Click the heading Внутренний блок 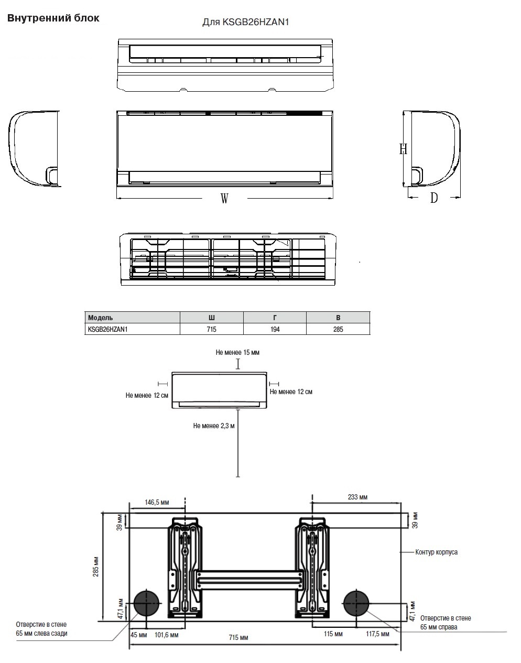[53, 18]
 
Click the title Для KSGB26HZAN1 [245, 22]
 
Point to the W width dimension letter [224, 199]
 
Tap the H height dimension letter [403, 149]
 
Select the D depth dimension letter [434, 198]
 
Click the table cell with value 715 [211, 329]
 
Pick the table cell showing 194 [275, 329]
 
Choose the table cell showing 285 [338, 329]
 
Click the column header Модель [100, 318]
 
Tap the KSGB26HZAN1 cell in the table [107, 329]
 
